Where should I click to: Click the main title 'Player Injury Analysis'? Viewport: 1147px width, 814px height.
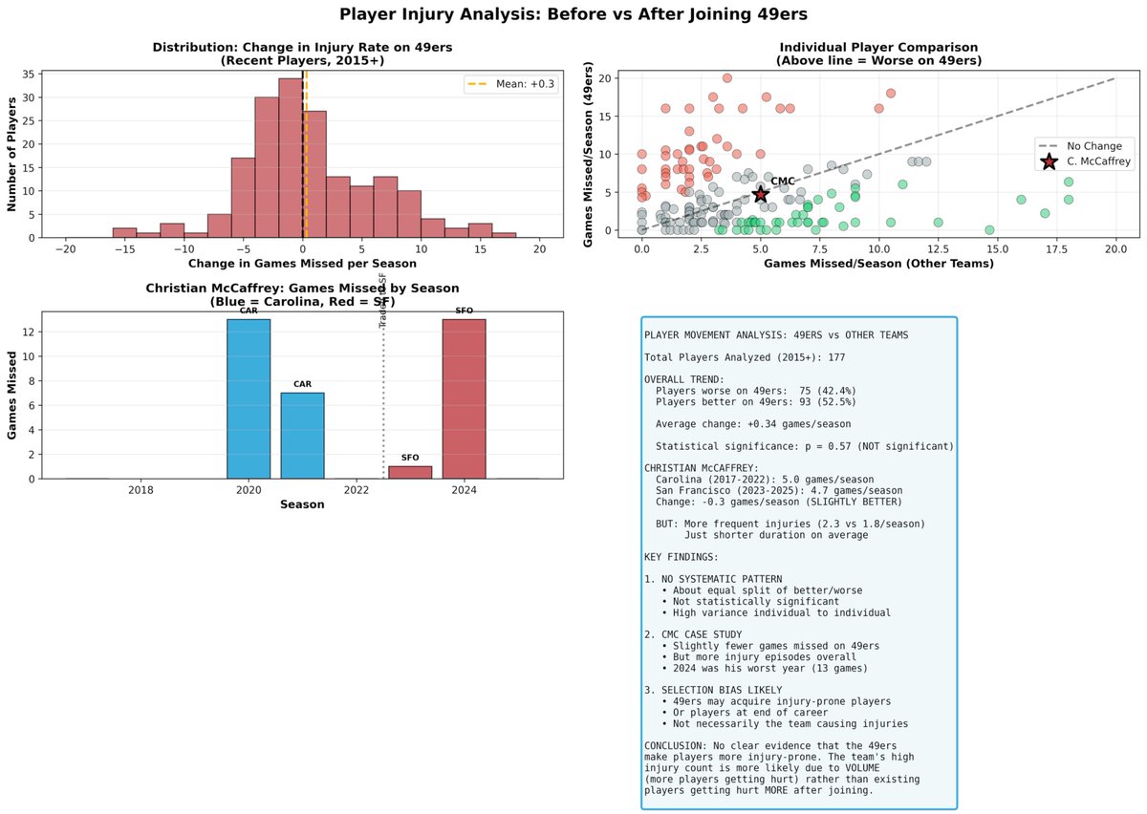tap(573, 15)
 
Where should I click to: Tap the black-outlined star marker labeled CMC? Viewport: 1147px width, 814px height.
tap(760, 194)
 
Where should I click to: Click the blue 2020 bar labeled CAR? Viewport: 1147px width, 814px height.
tap(249, 398)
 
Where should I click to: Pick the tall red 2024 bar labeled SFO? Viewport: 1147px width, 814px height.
tap(464, 398)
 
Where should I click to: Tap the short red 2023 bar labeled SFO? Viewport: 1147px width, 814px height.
tap(410, 472)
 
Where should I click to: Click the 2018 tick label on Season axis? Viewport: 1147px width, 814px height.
tap(141, 491)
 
